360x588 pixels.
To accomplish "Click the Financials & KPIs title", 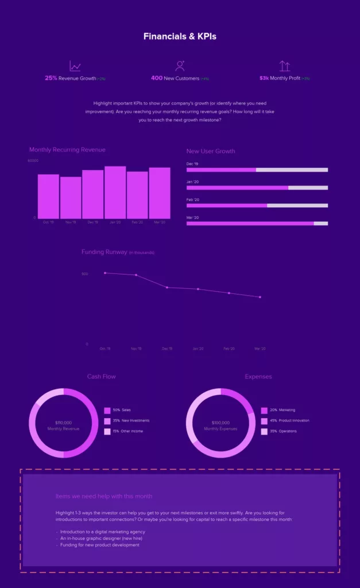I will tap(180, 36).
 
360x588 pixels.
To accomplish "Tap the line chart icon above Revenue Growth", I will tap(75, 66).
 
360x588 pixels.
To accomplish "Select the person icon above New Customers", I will tap(180, 66).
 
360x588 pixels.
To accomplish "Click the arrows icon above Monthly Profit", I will tap(284, 66).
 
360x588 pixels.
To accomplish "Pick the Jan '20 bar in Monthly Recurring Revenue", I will tap(115, 192).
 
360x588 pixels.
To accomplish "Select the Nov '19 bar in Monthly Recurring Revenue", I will tap(71, 197).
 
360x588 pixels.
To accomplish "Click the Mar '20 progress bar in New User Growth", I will tap(257, 223).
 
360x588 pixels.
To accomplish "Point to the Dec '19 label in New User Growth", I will tap(193, 164).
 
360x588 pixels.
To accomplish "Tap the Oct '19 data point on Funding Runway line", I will tap(105, 273).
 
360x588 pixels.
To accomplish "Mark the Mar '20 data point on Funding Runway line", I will tap(260, 297).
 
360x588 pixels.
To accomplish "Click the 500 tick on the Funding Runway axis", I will tap(85, 274).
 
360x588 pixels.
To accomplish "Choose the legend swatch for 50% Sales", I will tap(107, 411).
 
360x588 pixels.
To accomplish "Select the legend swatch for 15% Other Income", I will tap(107, 431).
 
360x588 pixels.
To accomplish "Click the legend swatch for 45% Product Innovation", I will tap(264, 421).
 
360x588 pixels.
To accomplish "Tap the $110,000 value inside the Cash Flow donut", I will tap(63, 423).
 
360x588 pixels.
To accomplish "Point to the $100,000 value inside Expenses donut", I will tap(220, 423).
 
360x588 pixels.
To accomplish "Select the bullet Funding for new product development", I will tap(100, 545).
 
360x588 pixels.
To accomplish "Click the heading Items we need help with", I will tap(104, 496).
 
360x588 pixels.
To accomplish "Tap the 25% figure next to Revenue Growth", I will tap(51, 78).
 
